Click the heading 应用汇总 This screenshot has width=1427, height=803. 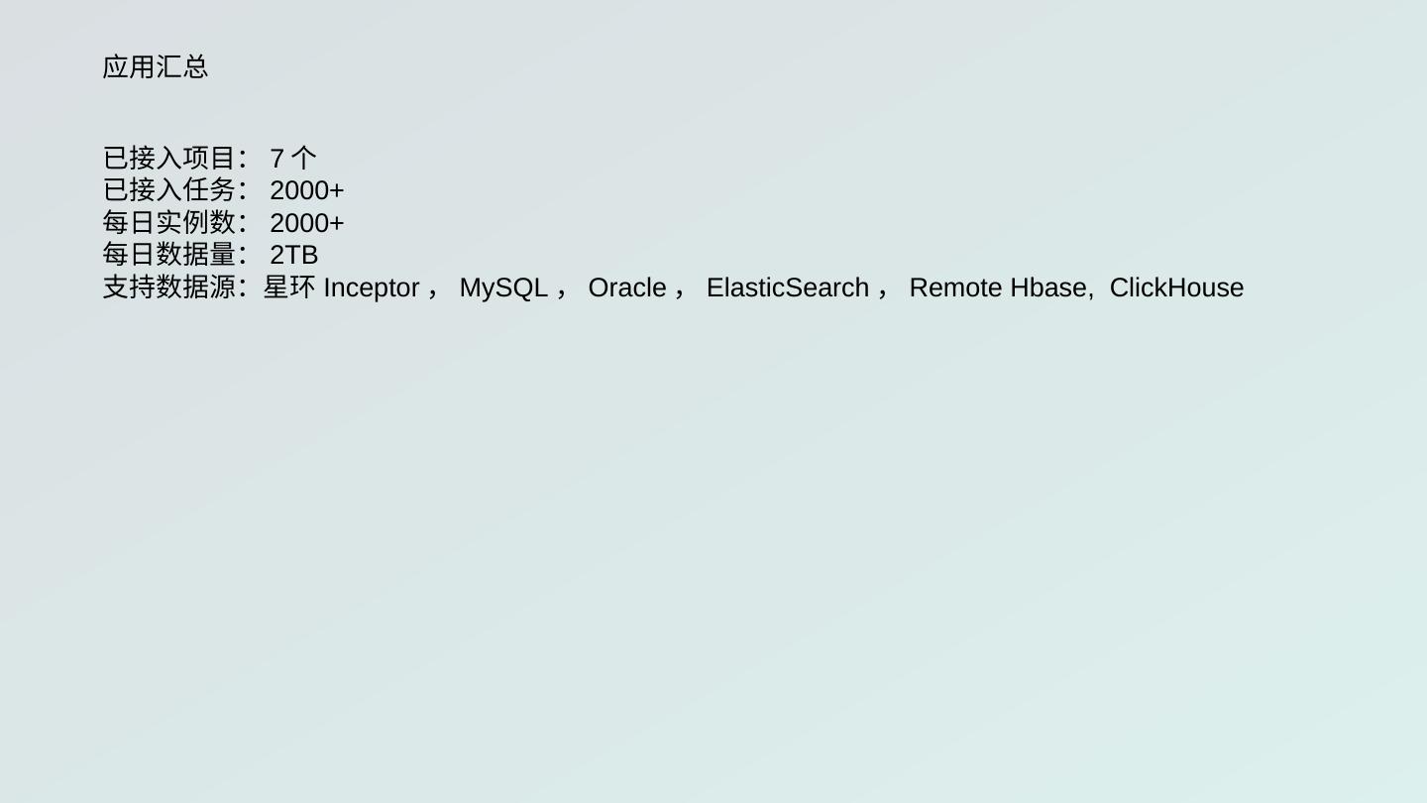click(x=156, y=67)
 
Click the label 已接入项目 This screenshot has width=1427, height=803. click(x=169, y=158)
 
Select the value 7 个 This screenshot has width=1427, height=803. click(x=293, y=158)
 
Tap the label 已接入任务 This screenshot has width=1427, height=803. click(x=169, y=189)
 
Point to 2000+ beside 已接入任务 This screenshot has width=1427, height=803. click(x=306, y=190)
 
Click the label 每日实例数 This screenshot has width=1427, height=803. click(x=169, y=222)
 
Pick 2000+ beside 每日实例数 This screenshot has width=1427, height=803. click(x=306, y=223)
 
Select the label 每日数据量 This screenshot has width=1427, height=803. click(x=169, y=255)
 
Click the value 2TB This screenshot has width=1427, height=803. click(x=293, y=256)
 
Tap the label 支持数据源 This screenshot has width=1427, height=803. click(x=169, y=287)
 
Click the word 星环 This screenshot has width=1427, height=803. click(x=289, y=287)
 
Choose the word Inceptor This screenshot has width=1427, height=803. click(x=372, y=287)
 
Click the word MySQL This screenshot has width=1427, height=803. click(x=503, y=287)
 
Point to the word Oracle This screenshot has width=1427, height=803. click(x=627, y=287)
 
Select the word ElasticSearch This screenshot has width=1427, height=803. click(x=788, y=287)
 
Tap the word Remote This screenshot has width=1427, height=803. click(x=955, y=287)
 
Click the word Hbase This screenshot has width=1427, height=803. click(x=1048, y=287)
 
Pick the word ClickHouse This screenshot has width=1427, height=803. click(x=1176, y=287)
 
